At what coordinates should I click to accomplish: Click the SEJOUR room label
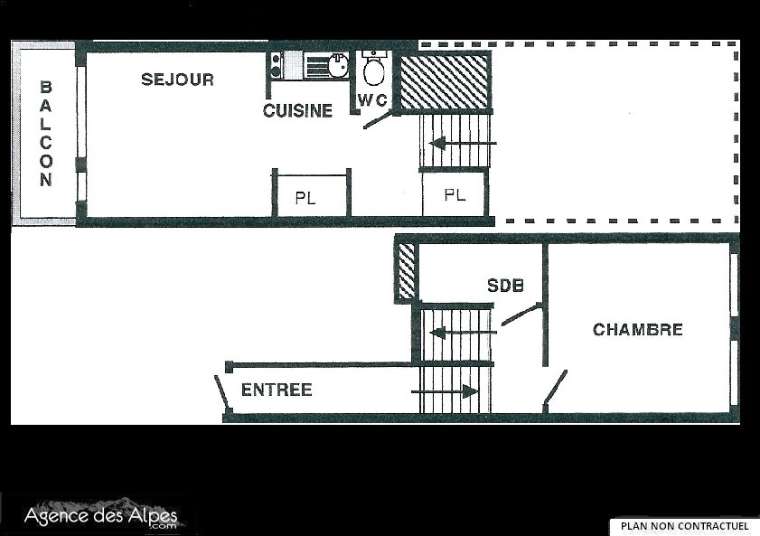[177, 80]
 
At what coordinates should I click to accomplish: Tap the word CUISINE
[297, 111]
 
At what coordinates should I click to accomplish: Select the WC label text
[372, 99]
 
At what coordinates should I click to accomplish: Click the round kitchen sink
[337, 65]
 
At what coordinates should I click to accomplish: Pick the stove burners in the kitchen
[276, 65]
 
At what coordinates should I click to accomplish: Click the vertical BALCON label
[45, 134]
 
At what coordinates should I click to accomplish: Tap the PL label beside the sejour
[305, 198]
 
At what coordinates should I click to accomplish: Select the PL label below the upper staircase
[455, 195]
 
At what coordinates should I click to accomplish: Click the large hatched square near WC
[445, 82]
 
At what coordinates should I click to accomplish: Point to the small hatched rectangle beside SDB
[407, 270]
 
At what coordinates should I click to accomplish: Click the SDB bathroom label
[505, 286]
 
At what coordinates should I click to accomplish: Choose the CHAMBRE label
[637, 330]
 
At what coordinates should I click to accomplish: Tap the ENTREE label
[277, 390]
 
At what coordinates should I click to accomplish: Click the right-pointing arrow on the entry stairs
[445, 391]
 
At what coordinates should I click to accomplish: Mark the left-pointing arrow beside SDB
[463, 333]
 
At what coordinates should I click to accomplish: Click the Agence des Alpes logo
[101, 516]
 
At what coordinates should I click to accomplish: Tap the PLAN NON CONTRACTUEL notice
[684, 526]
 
